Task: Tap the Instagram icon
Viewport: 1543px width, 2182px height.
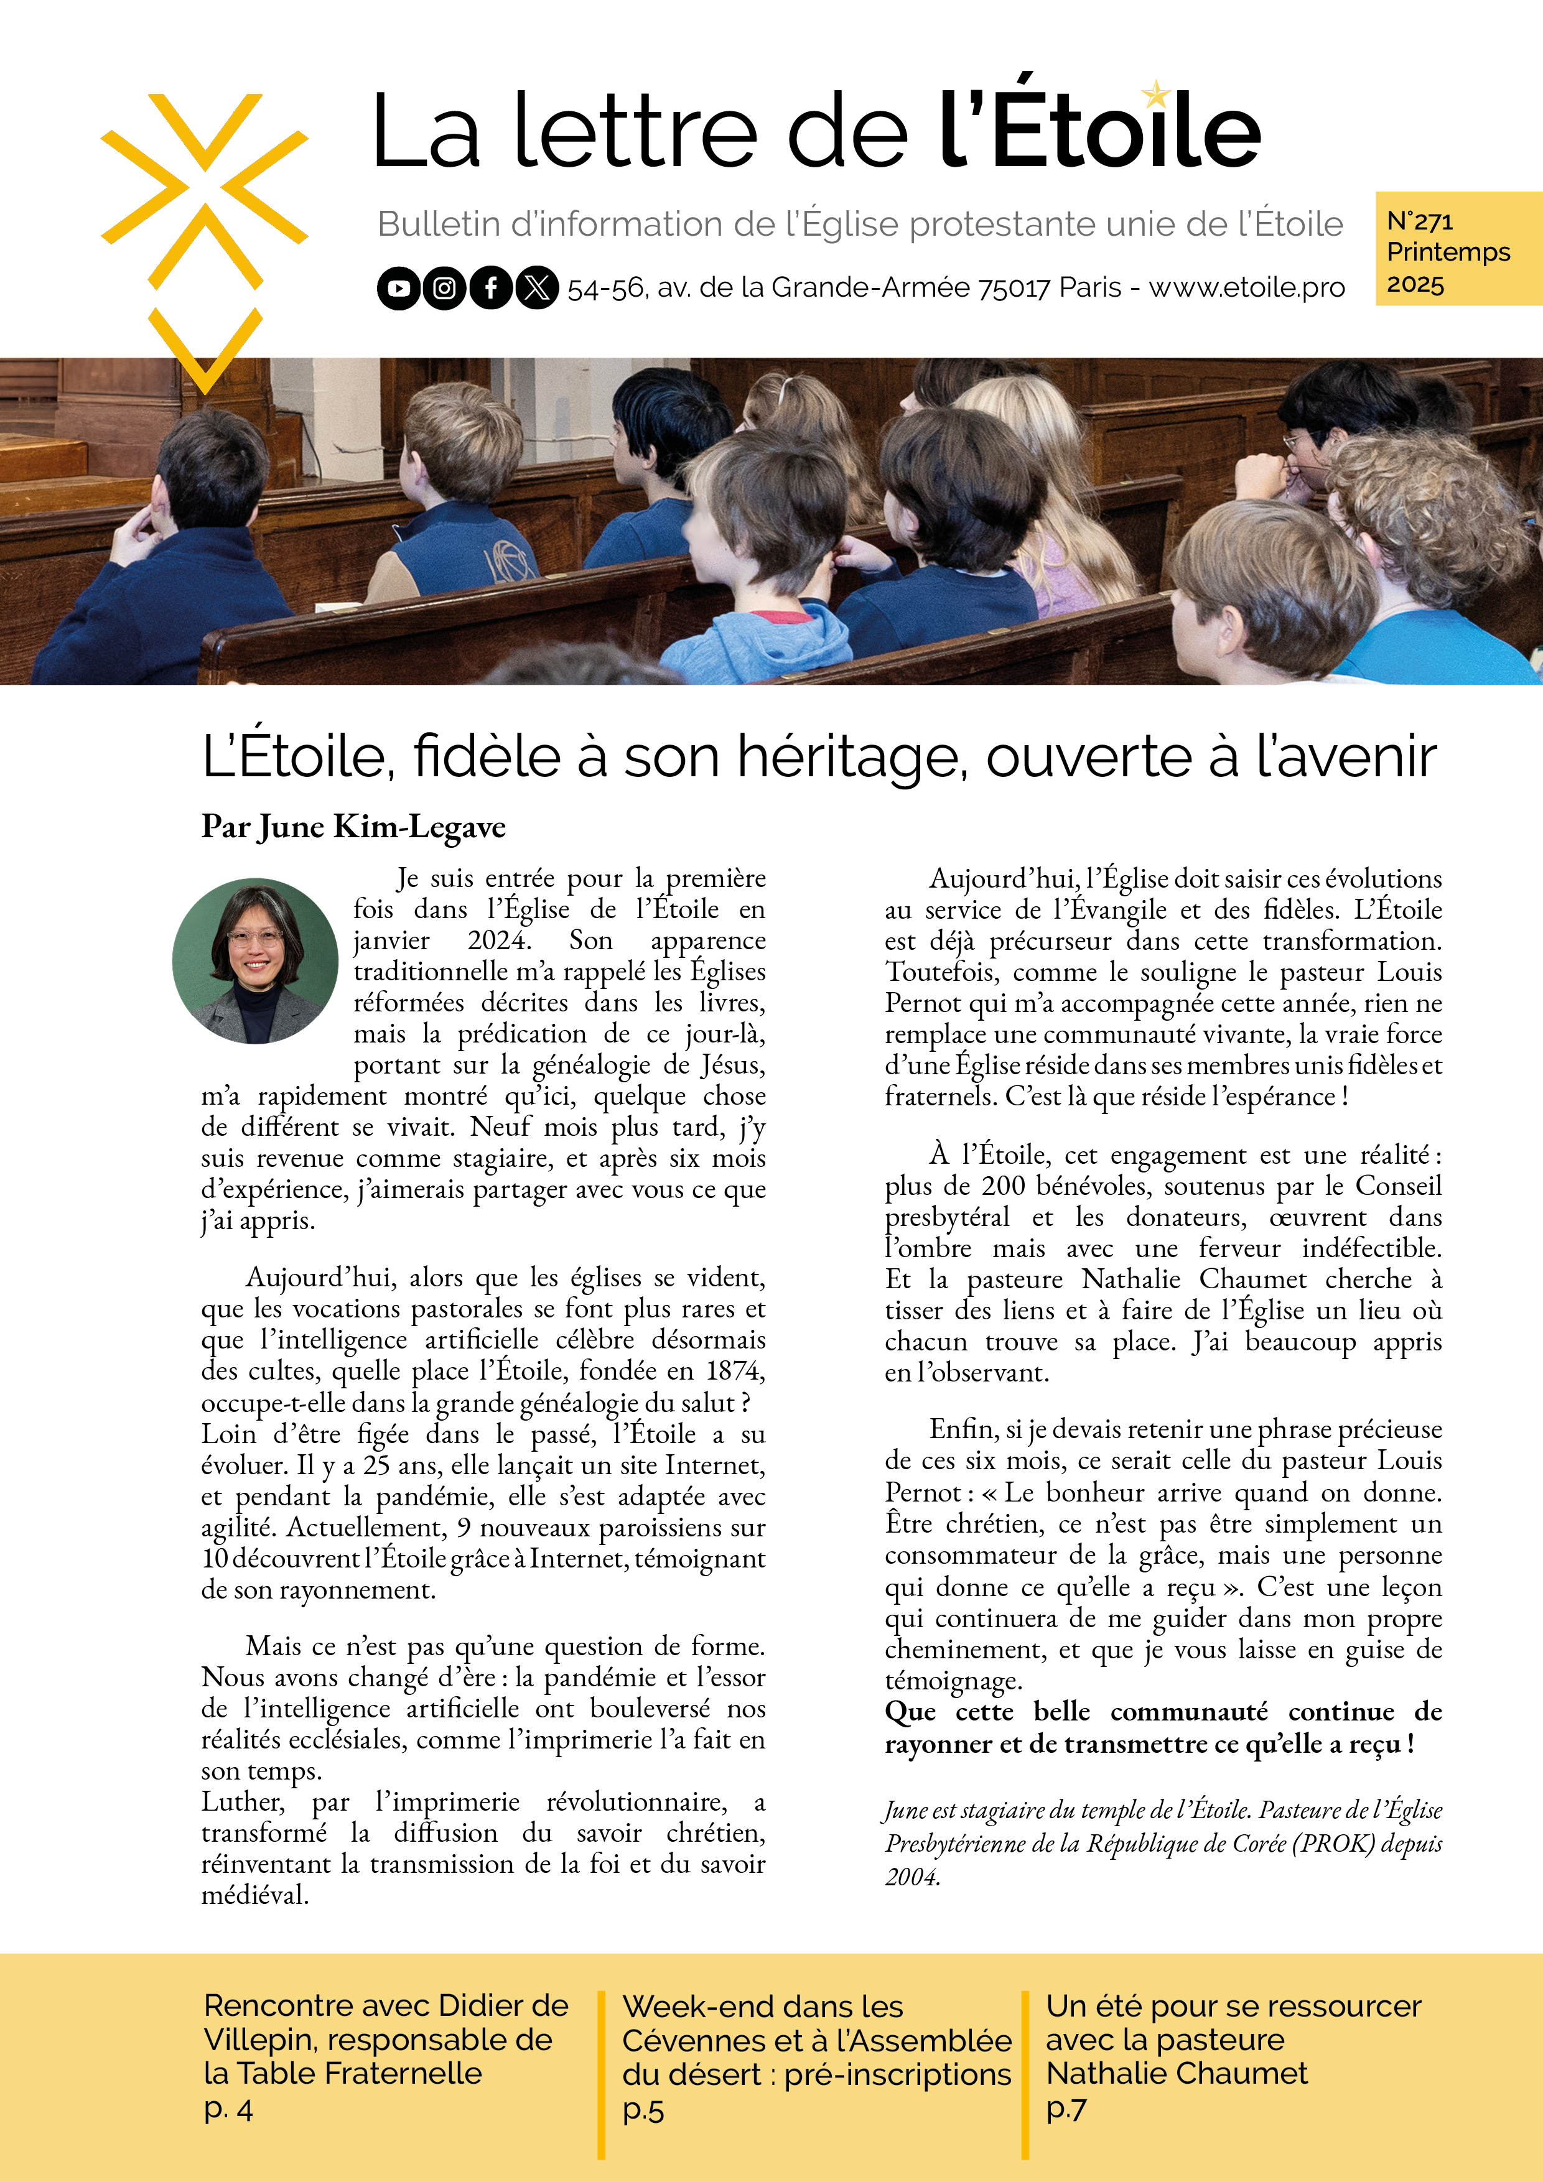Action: pyautogui.click(x=445, y=288)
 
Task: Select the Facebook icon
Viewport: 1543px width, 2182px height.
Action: pyautogui.click(x=490, y=288)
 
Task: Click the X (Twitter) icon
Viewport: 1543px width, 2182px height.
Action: pyautogui.click(x=537, y=288)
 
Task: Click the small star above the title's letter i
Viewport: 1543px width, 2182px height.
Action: pyautogui.click(x=1155, y=93)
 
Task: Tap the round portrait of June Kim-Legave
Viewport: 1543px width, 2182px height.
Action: pyautogui.click(x=255, y=961)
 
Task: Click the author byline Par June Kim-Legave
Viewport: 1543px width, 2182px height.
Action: pyautogui.click(x=353, y=827)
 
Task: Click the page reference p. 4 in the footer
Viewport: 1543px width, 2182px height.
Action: pyautogui.click(x=228, y=2110)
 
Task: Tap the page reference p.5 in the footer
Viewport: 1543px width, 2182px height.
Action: pyautogui.click(x=643, y=2110)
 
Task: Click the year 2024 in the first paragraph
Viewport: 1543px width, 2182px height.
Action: pyautogui.click(x=497, y=940)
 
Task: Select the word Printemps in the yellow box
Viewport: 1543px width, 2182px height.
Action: pyautogui.click(x=1448, y=252)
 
